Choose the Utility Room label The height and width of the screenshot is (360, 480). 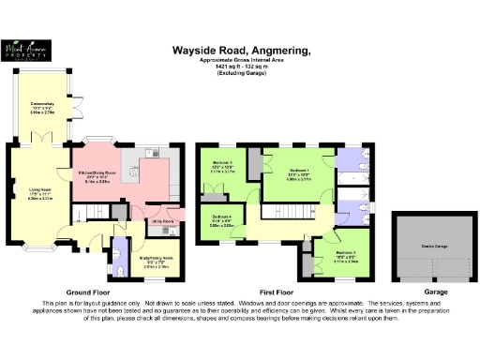click(163, 222)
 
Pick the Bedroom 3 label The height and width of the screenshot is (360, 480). click(216, 169)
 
